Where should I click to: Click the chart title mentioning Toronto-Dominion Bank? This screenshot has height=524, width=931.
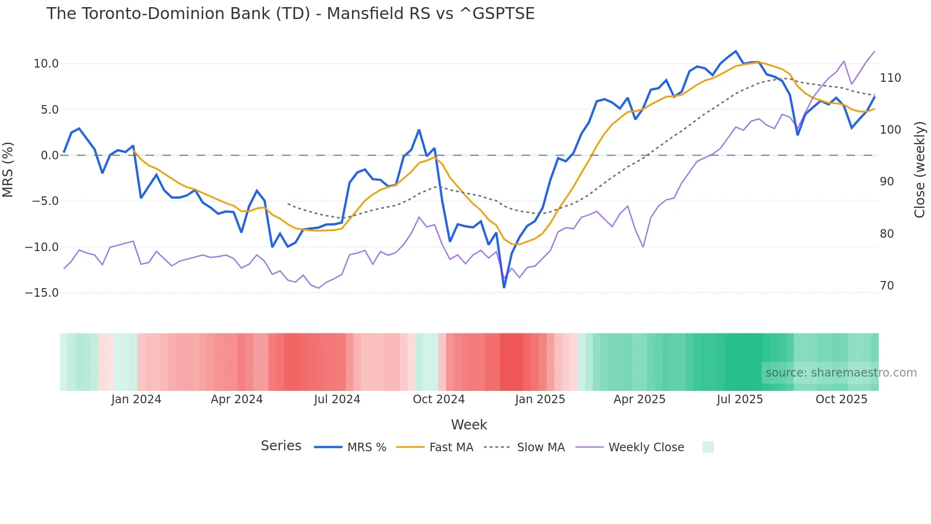point(290,14)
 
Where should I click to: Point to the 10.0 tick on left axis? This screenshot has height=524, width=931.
point(46,64)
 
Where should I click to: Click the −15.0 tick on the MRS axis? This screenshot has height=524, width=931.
point(42,293)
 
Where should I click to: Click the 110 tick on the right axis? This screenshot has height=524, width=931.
point(890,78)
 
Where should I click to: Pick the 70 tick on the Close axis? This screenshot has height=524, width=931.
point(887,286)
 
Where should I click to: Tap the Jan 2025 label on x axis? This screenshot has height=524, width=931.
point(540,399)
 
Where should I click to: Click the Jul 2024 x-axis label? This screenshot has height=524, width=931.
point(337,399)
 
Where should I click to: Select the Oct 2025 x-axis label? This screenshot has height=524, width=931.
point(841,399)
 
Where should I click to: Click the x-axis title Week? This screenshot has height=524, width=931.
point(469,425)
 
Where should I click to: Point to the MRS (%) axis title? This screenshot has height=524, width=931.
point(8,169)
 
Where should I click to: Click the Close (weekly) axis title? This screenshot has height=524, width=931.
point(920,169)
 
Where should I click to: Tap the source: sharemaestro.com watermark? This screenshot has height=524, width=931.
point(841,373)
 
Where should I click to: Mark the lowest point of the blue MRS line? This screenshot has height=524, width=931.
point(504,287)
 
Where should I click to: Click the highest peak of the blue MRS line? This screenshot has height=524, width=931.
point(735,51)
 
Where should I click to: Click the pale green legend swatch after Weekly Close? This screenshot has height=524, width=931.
point(708,447)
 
